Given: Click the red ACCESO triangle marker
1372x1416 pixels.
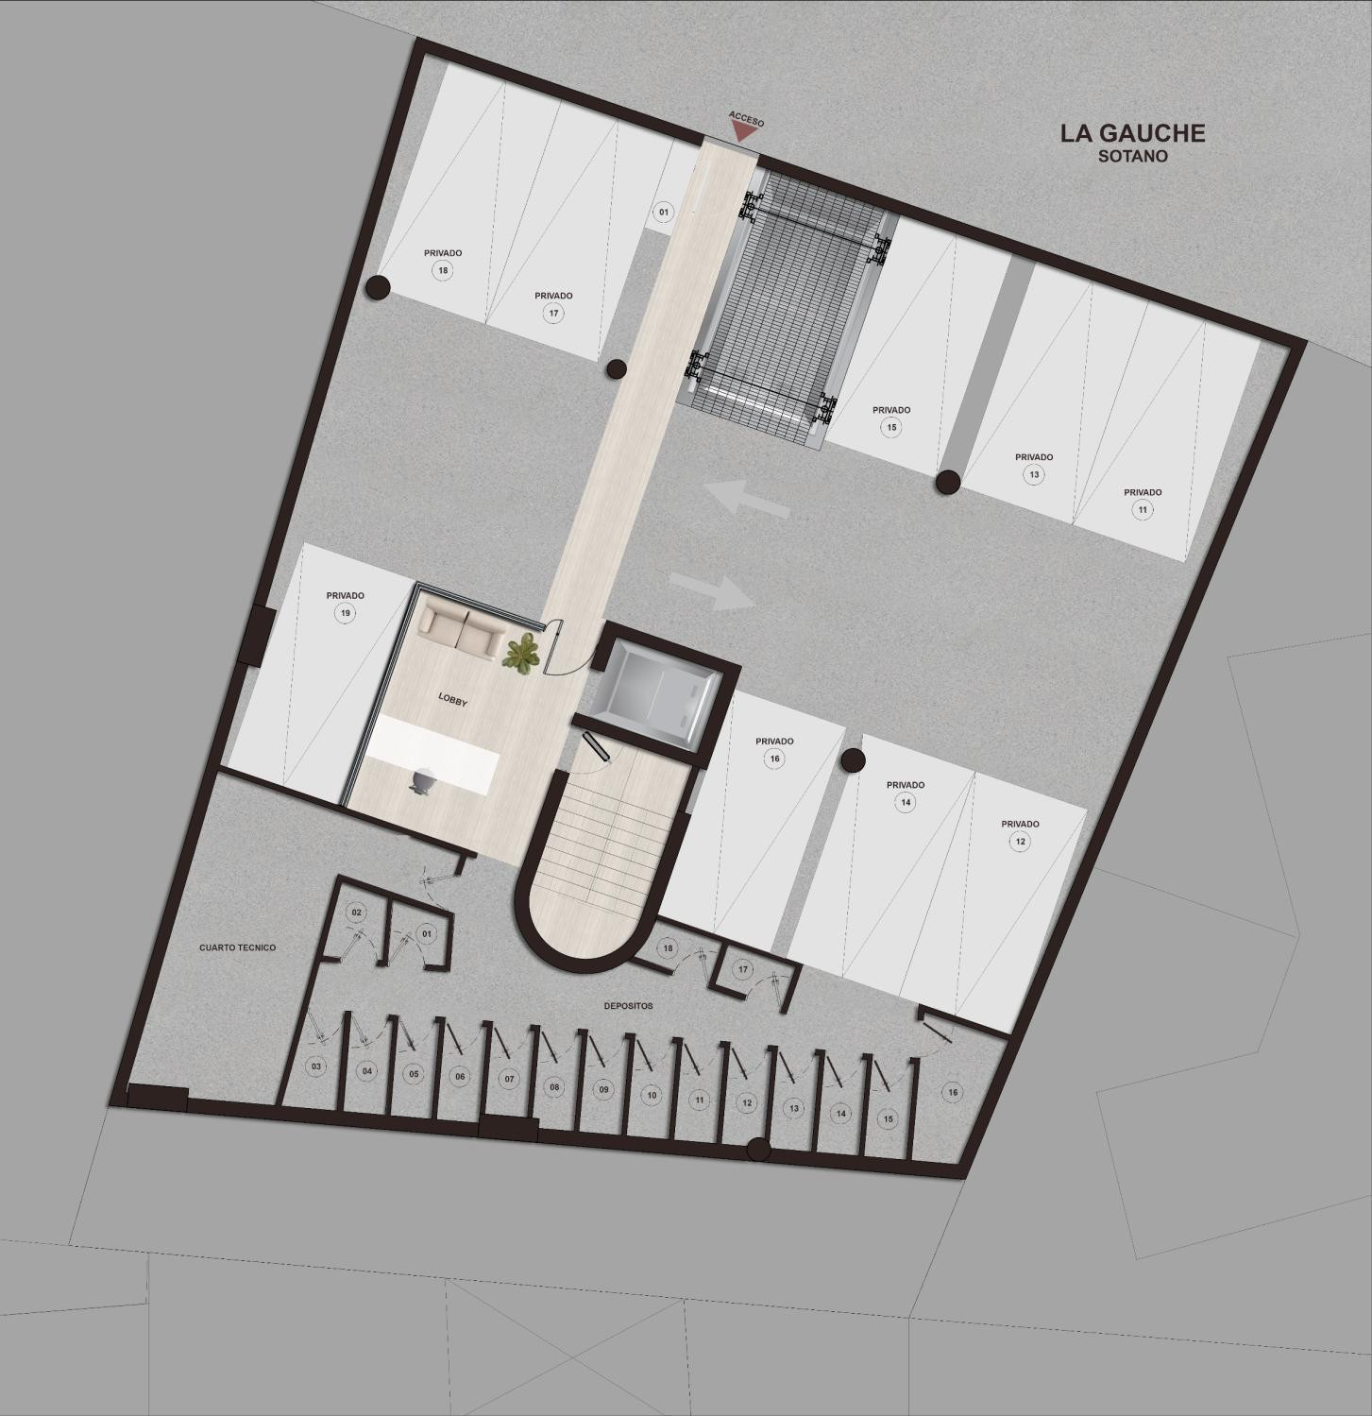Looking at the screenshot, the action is tap(745, 134).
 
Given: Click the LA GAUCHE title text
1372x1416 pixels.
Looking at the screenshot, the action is tap(1132, 133).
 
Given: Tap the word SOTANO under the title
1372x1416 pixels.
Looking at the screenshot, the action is tap(1132, 157).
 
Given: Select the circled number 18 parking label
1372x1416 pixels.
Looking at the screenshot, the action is tap(442, 270).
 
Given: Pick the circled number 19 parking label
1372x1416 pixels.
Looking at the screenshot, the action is tap(345, 613).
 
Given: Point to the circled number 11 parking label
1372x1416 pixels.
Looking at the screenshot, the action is tap(1143, 509).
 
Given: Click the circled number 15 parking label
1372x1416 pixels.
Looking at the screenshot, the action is tap(891, 427).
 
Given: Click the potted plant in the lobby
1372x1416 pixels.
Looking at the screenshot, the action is tap(523, 654).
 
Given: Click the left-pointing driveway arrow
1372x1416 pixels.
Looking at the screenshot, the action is tap(747, 498).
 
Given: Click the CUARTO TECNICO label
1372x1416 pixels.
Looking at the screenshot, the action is tap(237, 947).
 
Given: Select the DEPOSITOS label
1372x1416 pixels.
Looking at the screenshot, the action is tap(628, 1006).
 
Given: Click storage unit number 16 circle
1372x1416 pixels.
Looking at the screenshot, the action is tap(953, 1093).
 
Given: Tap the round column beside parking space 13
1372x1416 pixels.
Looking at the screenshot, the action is tap(948, 483).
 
